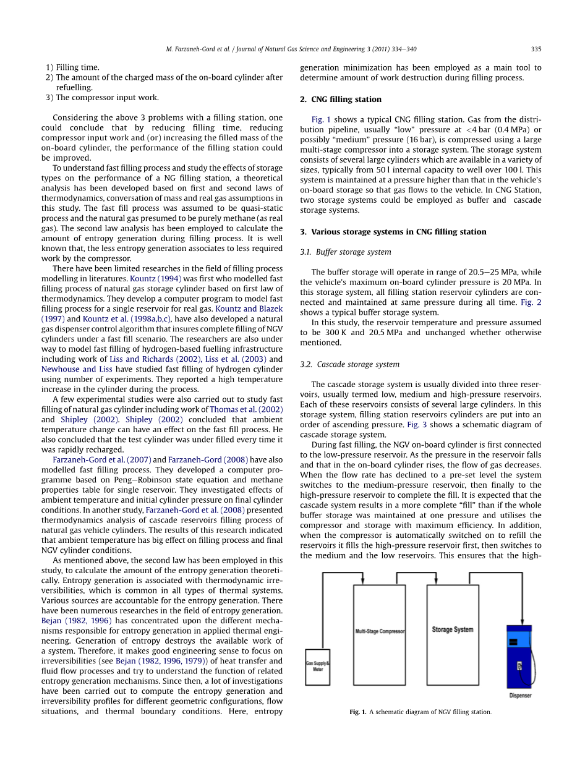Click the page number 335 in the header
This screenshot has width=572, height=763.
(536, 49)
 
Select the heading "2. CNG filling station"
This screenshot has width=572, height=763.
(340, 100)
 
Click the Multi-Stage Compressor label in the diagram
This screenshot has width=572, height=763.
(379, 631)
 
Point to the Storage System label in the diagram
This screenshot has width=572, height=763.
(453, 629)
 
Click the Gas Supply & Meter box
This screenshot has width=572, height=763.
(317, 667)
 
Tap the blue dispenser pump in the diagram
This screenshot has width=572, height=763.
(518, 657)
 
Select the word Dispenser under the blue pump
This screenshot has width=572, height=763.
(520, 696)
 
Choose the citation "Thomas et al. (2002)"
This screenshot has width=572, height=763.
(246, 409)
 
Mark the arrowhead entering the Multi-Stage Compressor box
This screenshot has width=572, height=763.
(363, 582)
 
